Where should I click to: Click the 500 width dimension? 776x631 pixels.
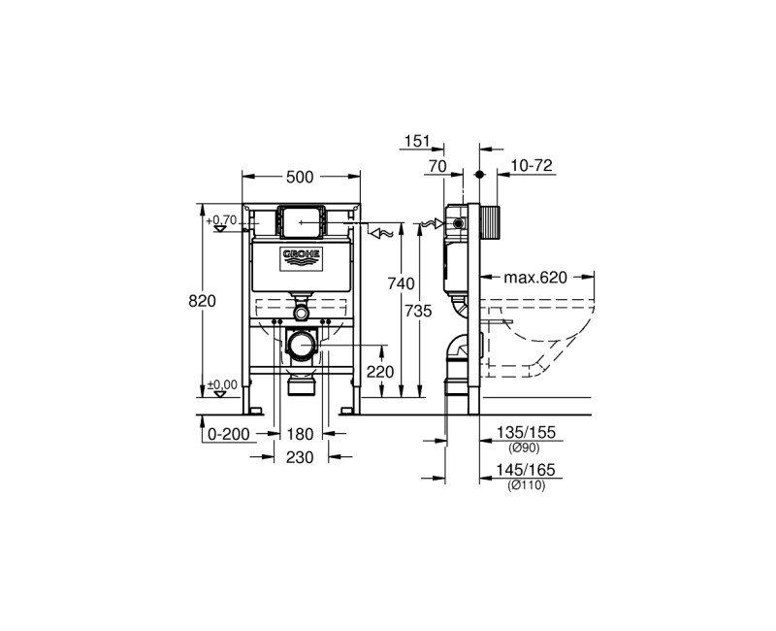[x=301, y=177]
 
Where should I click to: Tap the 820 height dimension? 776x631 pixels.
[x=202, y=300]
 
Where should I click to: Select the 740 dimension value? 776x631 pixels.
[x=401, y=283]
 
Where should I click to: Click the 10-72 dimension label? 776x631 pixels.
[x=532, y=166]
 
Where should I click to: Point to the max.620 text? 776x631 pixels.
[x=533, y=278]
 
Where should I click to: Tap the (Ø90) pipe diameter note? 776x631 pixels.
[x=524, y=448]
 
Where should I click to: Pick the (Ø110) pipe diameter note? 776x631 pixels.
[x=525, y=485]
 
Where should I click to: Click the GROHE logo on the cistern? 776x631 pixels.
[x=301, y=257]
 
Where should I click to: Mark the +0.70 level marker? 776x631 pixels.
[x=222, y=220]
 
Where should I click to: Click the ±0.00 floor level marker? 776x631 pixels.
[x=223, y=385]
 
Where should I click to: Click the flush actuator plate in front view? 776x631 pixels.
[x=301, y=221]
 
